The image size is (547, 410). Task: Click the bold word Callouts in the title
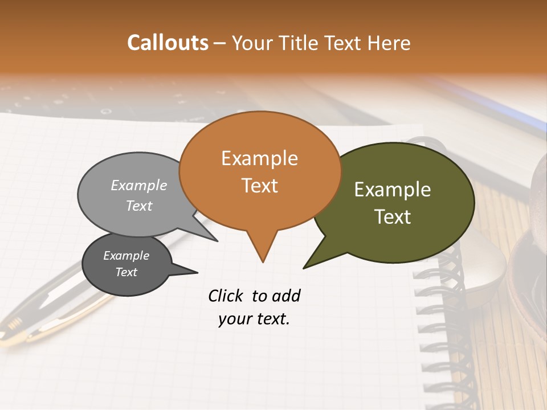(168, 43)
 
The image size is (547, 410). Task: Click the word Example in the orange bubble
(259, 158)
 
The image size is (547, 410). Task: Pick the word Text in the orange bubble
(260, 186)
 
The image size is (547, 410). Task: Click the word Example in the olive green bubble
(393, 190)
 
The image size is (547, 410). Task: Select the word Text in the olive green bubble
(393, 217)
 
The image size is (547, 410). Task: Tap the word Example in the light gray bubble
(139, 186)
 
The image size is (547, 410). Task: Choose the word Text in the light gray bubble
(139, 206)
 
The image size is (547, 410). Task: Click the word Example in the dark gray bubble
(126, 256)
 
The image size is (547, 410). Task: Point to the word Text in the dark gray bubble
(126, 272)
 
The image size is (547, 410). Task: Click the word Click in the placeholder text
(227, 296)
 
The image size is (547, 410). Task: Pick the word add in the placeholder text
(286, 296)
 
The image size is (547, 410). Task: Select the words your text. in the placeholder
(254, 319)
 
